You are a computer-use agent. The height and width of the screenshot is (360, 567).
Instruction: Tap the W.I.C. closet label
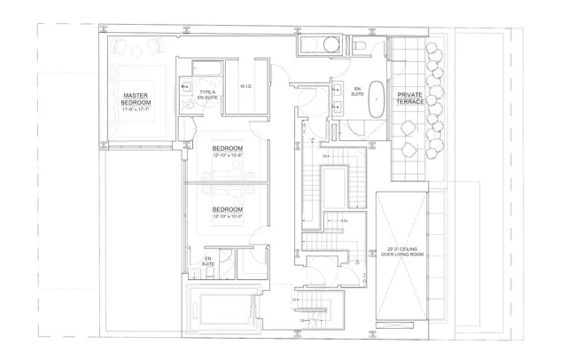click(x=247, y=86)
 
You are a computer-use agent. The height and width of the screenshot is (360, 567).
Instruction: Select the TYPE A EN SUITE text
click(x=207, y=95)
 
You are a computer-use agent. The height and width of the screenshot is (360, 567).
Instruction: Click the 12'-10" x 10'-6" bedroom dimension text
click(x=228, y=155)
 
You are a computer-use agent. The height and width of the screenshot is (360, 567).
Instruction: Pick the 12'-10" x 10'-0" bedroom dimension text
click(x=228, y=216)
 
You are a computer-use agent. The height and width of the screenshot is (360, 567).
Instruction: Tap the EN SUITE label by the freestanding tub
click(x=358, y=93)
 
